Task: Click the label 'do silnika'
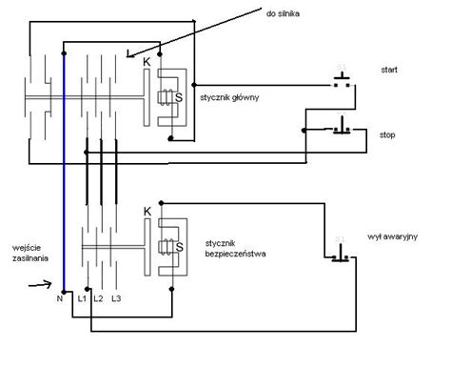click(x=283, y=13)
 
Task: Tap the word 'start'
click(x=389, y=70)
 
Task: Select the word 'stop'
click(x=387, y=135)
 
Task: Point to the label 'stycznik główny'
click(x=229, y=97)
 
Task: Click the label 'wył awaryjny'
click(x=392, y=236)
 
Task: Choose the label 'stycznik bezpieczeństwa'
click(x=235, y=249)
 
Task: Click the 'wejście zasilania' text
click(x=30, y=253)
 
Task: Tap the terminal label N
click(x=60, y=298)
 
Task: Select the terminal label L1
click(x=82, y=298)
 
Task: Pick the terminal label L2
click(x=99, y=298)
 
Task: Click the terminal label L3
click(x=116, y=298)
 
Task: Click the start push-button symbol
click(x=342, y=80)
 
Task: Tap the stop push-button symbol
click(x=342, y=126)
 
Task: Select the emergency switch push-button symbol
click(x=341, y=255)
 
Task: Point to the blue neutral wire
click(x=64, y=173)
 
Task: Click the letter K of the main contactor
click(x=147, y=62)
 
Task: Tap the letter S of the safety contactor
click(x=180, y=247)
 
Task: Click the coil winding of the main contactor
click(x=166, y=97)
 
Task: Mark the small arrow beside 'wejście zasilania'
click(x=40, y=284)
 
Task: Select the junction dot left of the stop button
click(x=304, y=131)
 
